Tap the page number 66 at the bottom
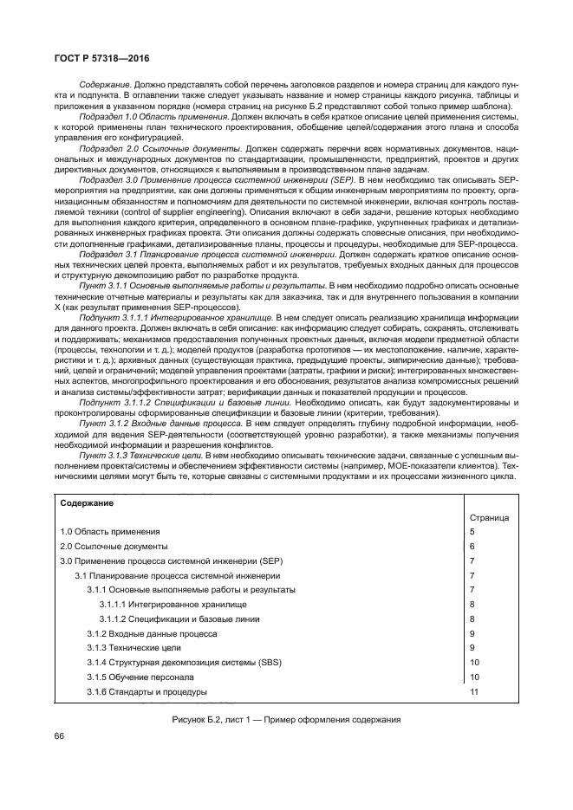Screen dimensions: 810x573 click(61, 736)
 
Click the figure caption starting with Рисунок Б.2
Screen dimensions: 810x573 click(286, 720)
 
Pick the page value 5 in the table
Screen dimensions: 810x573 click(472, 531)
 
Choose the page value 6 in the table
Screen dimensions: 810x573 click(472, 546)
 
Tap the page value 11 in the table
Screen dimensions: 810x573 click(474, 692)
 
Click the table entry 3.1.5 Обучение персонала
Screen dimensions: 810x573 click(140, 677)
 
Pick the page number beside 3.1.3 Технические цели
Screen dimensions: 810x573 click(472, 648)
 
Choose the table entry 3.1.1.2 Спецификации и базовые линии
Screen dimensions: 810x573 click(184, 619)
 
